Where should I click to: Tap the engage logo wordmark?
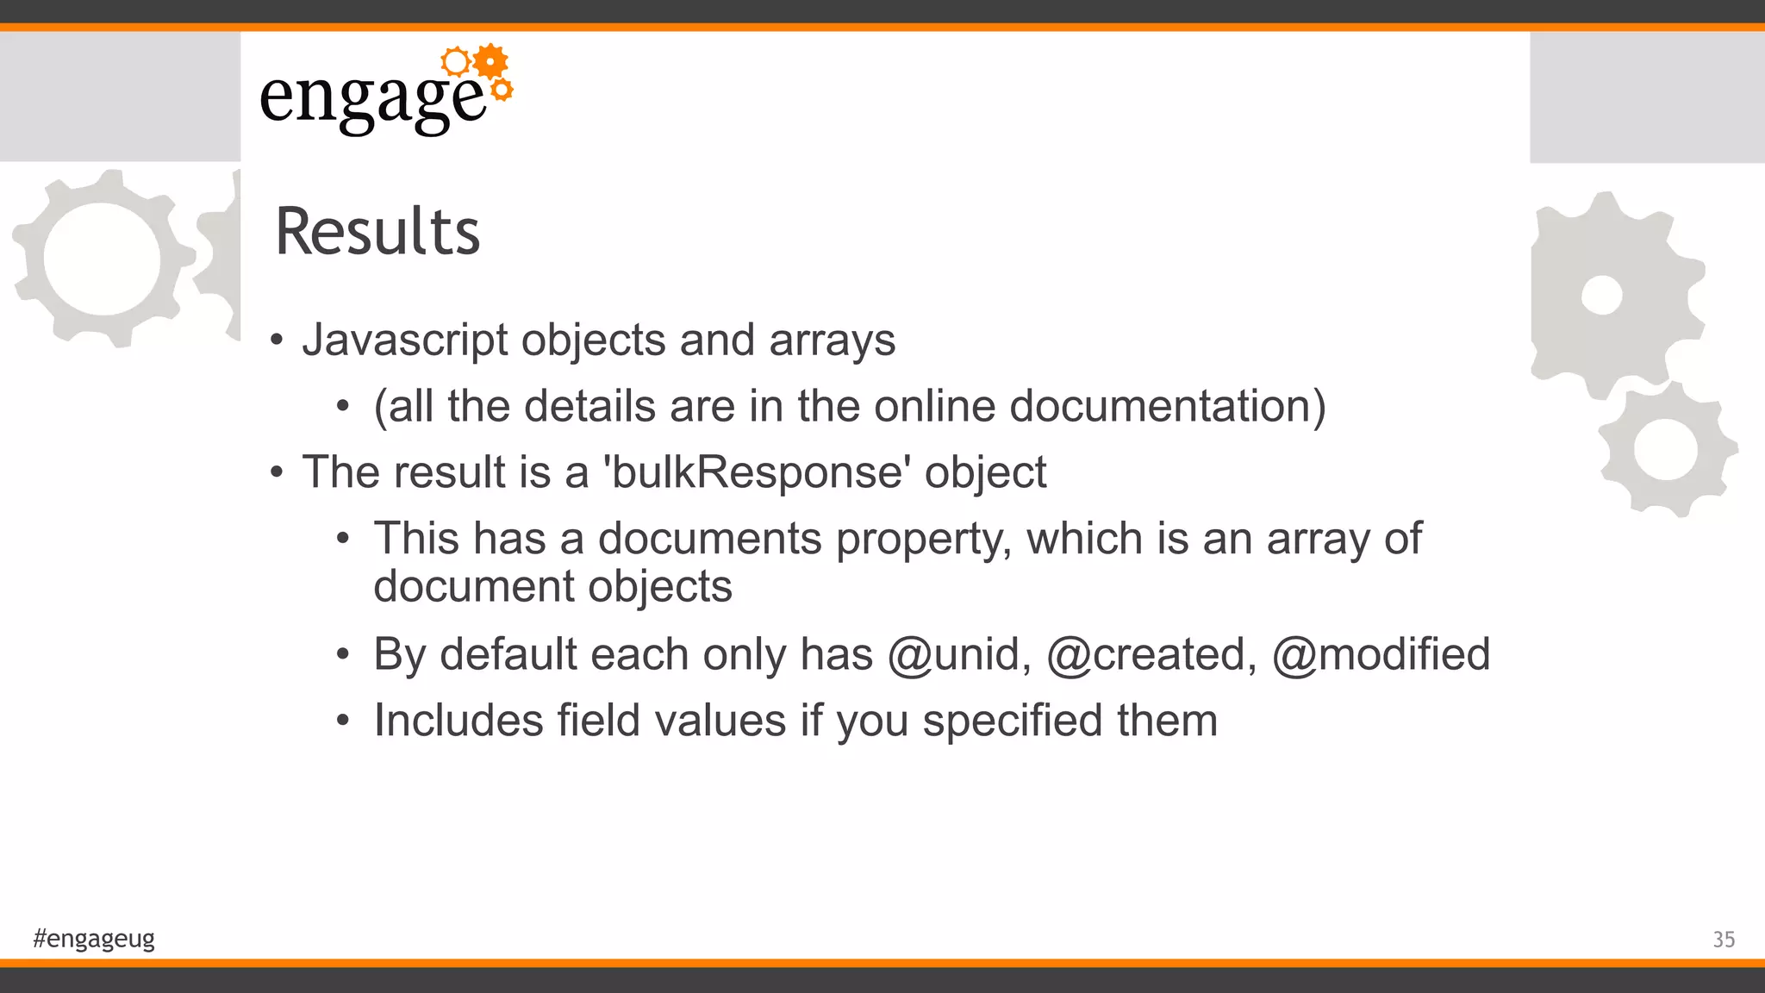372,99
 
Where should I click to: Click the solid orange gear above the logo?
491,61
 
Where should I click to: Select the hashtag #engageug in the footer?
94,938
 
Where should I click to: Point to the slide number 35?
1723,940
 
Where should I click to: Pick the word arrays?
832,340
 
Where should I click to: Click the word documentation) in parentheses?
1168,406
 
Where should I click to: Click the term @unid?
958,654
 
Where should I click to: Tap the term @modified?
1381,654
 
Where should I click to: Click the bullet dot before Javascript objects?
276,340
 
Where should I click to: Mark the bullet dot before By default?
343,655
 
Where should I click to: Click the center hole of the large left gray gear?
102,259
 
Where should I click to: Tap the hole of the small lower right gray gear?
1665,449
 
